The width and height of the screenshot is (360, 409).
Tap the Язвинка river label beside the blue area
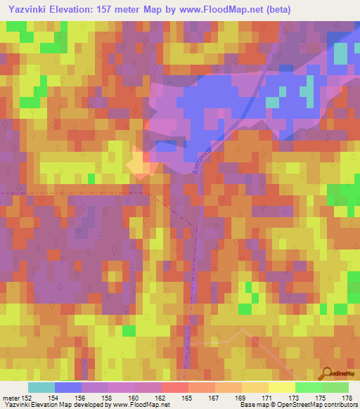click(199, 162)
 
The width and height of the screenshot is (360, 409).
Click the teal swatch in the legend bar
click(41, 387)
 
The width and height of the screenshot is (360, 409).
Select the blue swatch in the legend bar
click(68, 387)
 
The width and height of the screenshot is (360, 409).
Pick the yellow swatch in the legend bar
click(282, 387)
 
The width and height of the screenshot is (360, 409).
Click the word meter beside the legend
click(11, 398)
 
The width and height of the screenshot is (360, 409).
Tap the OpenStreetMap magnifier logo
click(328, 375)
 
